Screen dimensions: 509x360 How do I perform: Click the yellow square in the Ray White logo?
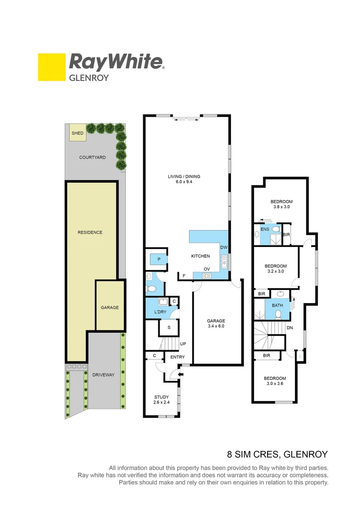(x=51, y=67)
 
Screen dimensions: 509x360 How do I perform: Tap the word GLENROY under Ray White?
(x=89, y=77)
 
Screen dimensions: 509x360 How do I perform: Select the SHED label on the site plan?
(x=77, y=133)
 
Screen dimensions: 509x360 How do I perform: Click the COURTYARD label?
(x=92, y=157)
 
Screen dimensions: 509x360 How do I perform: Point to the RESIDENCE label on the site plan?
(x=90, y=232)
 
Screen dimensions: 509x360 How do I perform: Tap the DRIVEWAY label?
(x=103, y=375)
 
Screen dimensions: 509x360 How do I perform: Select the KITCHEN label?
(x=200, y=256)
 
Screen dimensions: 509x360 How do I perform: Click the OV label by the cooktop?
(x=206, y=269)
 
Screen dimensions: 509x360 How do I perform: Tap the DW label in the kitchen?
(x=223, y=247)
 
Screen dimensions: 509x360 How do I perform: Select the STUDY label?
(x=161, y=396)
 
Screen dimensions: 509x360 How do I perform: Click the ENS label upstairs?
(x=264, y=229)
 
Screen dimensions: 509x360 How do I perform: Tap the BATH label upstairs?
(x=277, y=305)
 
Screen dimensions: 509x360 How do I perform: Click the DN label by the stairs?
(x=291, y=328)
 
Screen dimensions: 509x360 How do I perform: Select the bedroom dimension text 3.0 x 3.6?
(x=275, y=384)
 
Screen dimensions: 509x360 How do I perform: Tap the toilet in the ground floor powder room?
(x=150, y=288)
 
